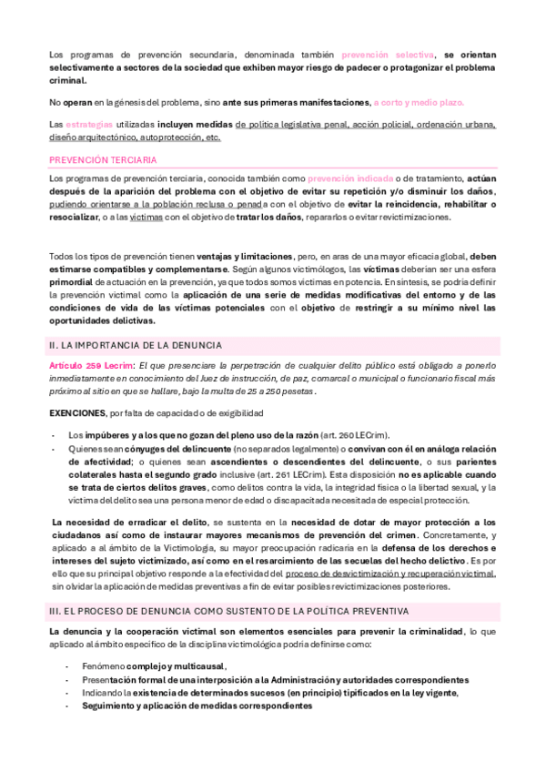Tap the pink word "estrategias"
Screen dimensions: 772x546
[90, 124]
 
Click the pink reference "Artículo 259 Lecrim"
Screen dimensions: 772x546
[90, 365]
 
